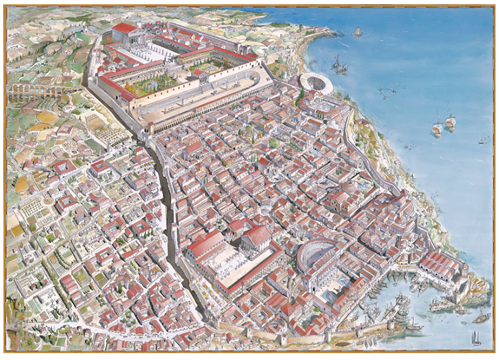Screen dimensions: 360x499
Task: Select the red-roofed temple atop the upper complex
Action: point(124,29)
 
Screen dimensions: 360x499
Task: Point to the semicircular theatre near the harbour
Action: point(317,258)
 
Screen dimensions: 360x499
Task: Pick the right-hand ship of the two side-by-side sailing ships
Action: point(450,123)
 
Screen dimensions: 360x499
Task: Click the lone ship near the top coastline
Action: point(358,32)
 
